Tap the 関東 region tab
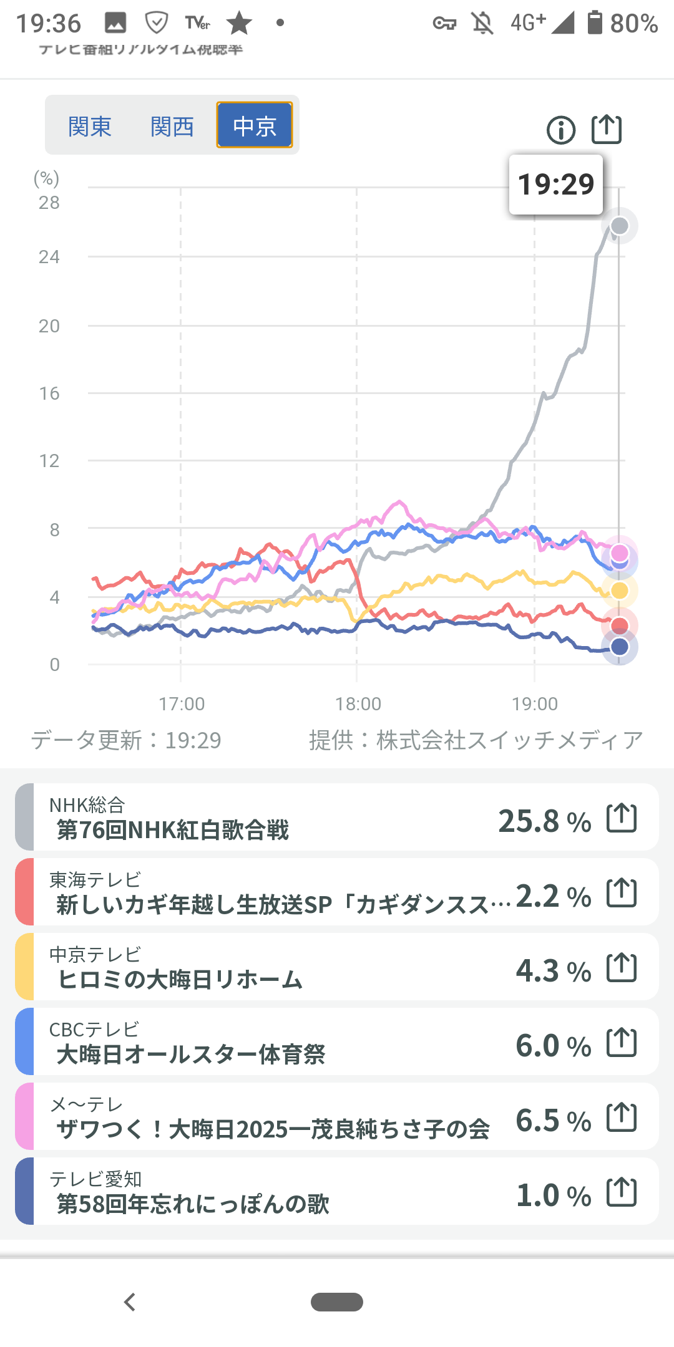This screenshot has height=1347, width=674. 90,127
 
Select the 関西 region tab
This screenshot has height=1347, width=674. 172,127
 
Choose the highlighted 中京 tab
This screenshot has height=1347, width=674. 255,125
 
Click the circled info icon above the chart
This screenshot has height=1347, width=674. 561,130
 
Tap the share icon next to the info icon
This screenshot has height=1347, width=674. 607,129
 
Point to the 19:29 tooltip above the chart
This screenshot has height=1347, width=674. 556,185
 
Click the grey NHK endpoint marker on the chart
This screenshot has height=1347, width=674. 620,226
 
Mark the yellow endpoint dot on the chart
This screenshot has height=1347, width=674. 620,590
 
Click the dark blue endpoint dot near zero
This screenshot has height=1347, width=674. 620,647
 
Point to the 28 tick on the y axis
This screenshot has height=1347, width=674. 49,203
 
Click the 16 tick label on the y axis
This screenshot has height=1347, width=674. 49,393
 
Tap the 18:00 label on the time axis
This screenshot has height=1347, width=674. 358,704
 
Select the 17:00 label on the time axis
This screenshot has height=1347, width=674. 182,704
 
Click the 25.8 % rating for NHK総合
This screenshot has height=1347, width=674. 544,821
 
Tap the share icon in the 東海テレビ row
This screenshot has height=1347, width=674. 622,892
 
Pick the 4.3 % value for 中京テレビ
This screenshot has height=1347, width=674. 553,970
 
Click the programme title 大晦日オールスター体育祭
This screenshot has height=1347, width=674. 191,1055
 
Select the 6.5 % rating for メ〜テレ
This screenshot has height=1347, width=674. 553,1120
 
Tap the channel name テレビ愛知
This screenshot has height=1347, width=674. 95,1179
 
